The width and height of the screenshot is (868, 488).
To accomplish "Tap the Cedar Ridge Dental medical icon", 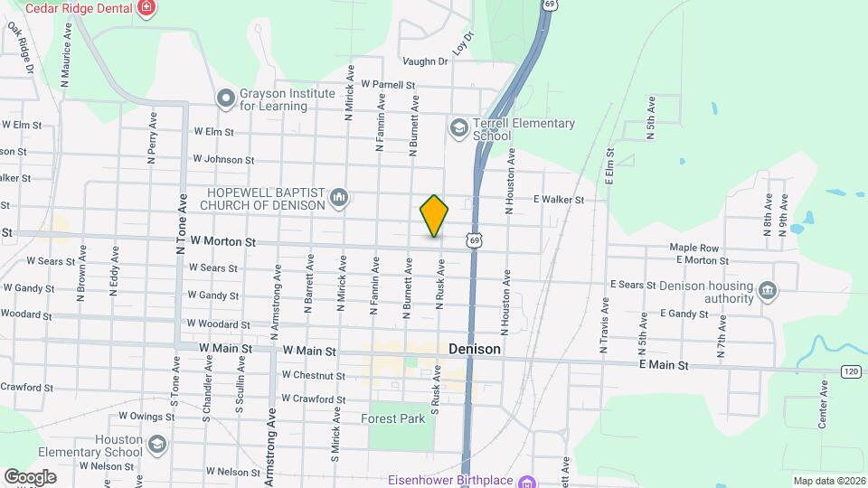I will (x=146, y=9).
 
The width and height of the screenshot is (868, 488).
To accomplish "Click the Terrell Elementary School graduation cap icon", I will (x=459, y=128).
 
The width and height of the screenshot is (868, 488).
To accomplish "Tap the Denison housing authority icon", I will (x=768, y=290).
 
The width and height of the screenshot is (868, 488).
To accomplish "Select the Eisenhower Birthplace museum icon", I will (x=528, y=480).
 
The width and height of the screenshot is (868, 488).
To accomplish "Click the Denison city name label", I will (x=475, y=349).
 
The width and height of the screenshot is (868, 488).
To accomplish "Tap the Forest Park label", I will (x=392, y=419).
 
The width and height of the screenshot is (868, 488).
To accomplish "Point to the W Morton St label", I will (x=224, y=242).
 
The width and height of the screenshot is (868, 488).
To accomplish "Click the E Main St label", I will (x=664, y=365).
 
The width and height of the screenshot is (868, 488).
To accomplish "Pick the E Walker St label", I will (x=559, y=200).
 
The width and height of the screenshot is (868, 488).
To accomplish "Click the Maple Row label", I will (x=693, y=248).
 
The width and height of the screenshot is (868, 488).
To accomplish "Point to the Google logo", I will (x=30, y=476).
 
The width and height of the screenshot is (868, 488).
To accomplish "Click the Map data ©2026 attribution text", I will (x=828, y=481).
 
